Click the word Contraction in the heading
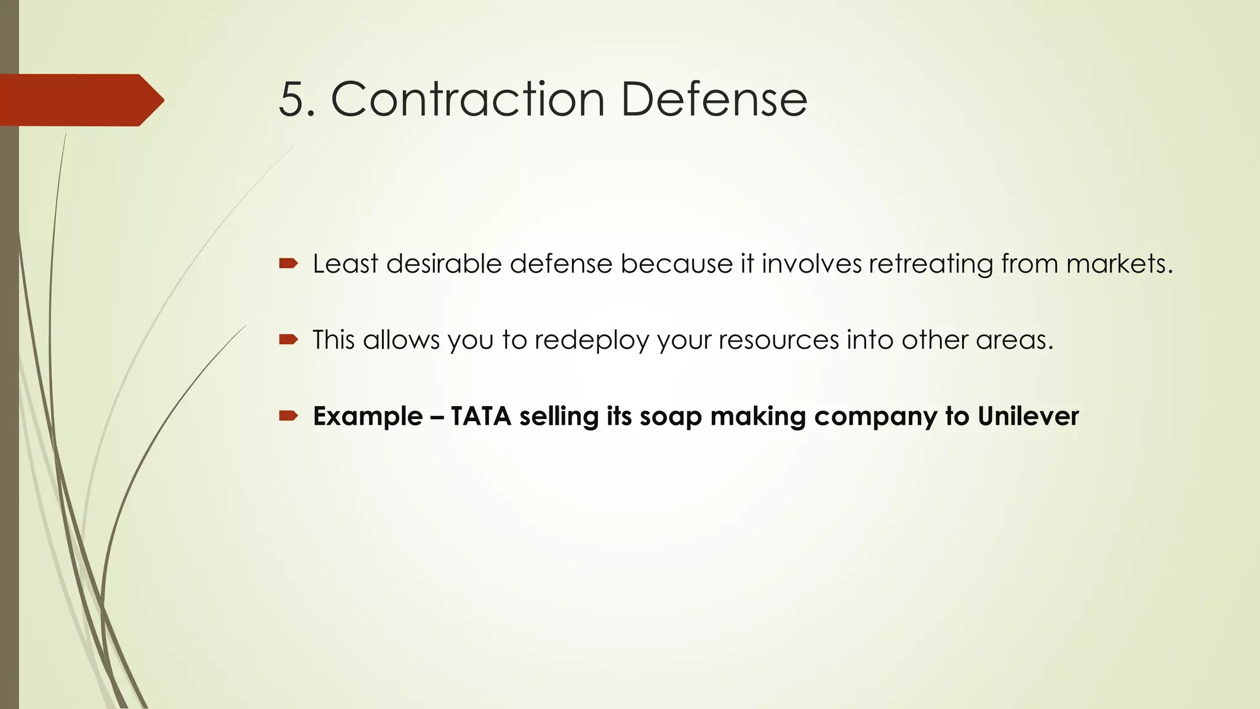468,100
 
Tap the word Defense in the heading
714,100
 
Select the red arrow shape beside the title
80,100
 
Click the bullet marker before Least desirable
288,264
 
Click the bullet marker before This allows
288,340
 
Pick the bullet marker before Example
288,416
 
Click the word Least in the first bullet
345,264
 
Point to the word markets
1119,264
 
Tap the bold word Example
368,417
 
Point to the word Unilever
1028,417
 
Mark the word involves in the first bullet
811,264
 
